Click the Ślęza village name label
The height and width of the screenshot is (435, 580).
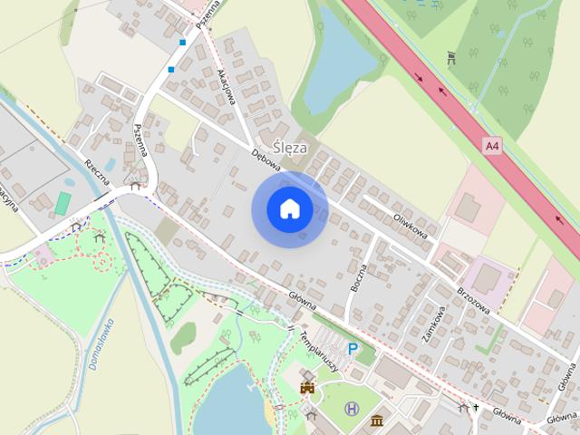290,148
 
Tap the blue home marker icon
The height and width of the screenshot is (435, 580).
289,208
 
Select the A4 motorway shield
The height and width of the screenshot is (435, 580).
491,145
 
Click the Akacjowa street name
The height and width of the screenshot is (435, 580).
226,87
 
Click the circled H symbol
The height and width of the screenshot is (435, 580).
352,410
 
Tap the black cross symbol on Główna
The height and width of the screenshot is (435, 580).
474,408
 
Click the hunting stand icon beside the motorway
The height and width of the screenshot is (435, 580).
450,60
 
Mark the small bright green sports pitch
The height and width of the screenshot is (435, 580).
63,202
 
